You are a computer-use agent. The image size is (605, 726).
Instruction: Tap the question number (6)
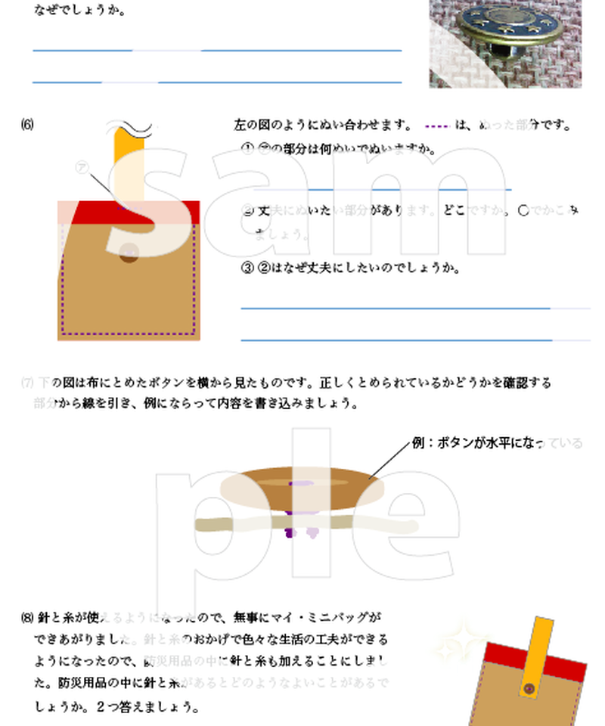[27, 125]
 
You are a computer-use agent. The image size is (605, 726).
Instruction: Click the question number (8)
[27, 617]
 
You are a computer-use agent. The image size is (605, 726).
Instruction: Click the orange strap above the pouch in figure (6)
[124, 163]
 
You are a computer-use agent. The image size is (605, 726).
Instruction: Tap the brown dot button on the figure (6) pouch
[129, 256]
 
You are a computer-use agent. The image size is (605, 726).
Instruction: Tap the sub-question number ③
[247, 268]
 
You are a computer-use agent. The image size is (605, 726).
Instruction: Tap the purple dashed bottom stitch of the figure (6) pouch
[129, 332]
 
